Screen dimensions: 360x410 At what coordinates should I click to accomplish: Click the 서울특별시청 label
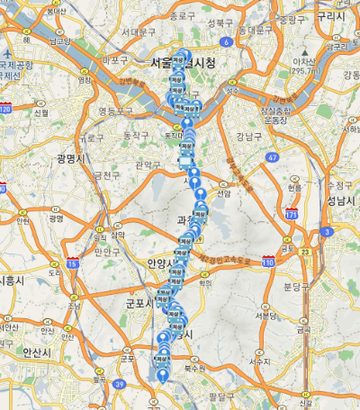point(184,63)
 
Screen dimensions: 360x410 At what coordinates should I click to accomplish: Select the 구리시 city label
point(332,15)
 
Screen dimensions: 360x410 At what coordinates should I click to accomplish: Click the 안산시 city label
point(36,352)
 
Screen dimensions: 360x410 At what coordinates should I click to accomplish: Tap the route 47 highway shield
point(271,157)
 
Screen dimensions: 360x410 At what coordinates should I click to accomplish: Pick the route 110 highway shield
point(268,261)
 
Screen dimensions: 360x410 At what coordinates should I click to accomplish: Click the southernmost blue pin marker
point(162,377)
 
